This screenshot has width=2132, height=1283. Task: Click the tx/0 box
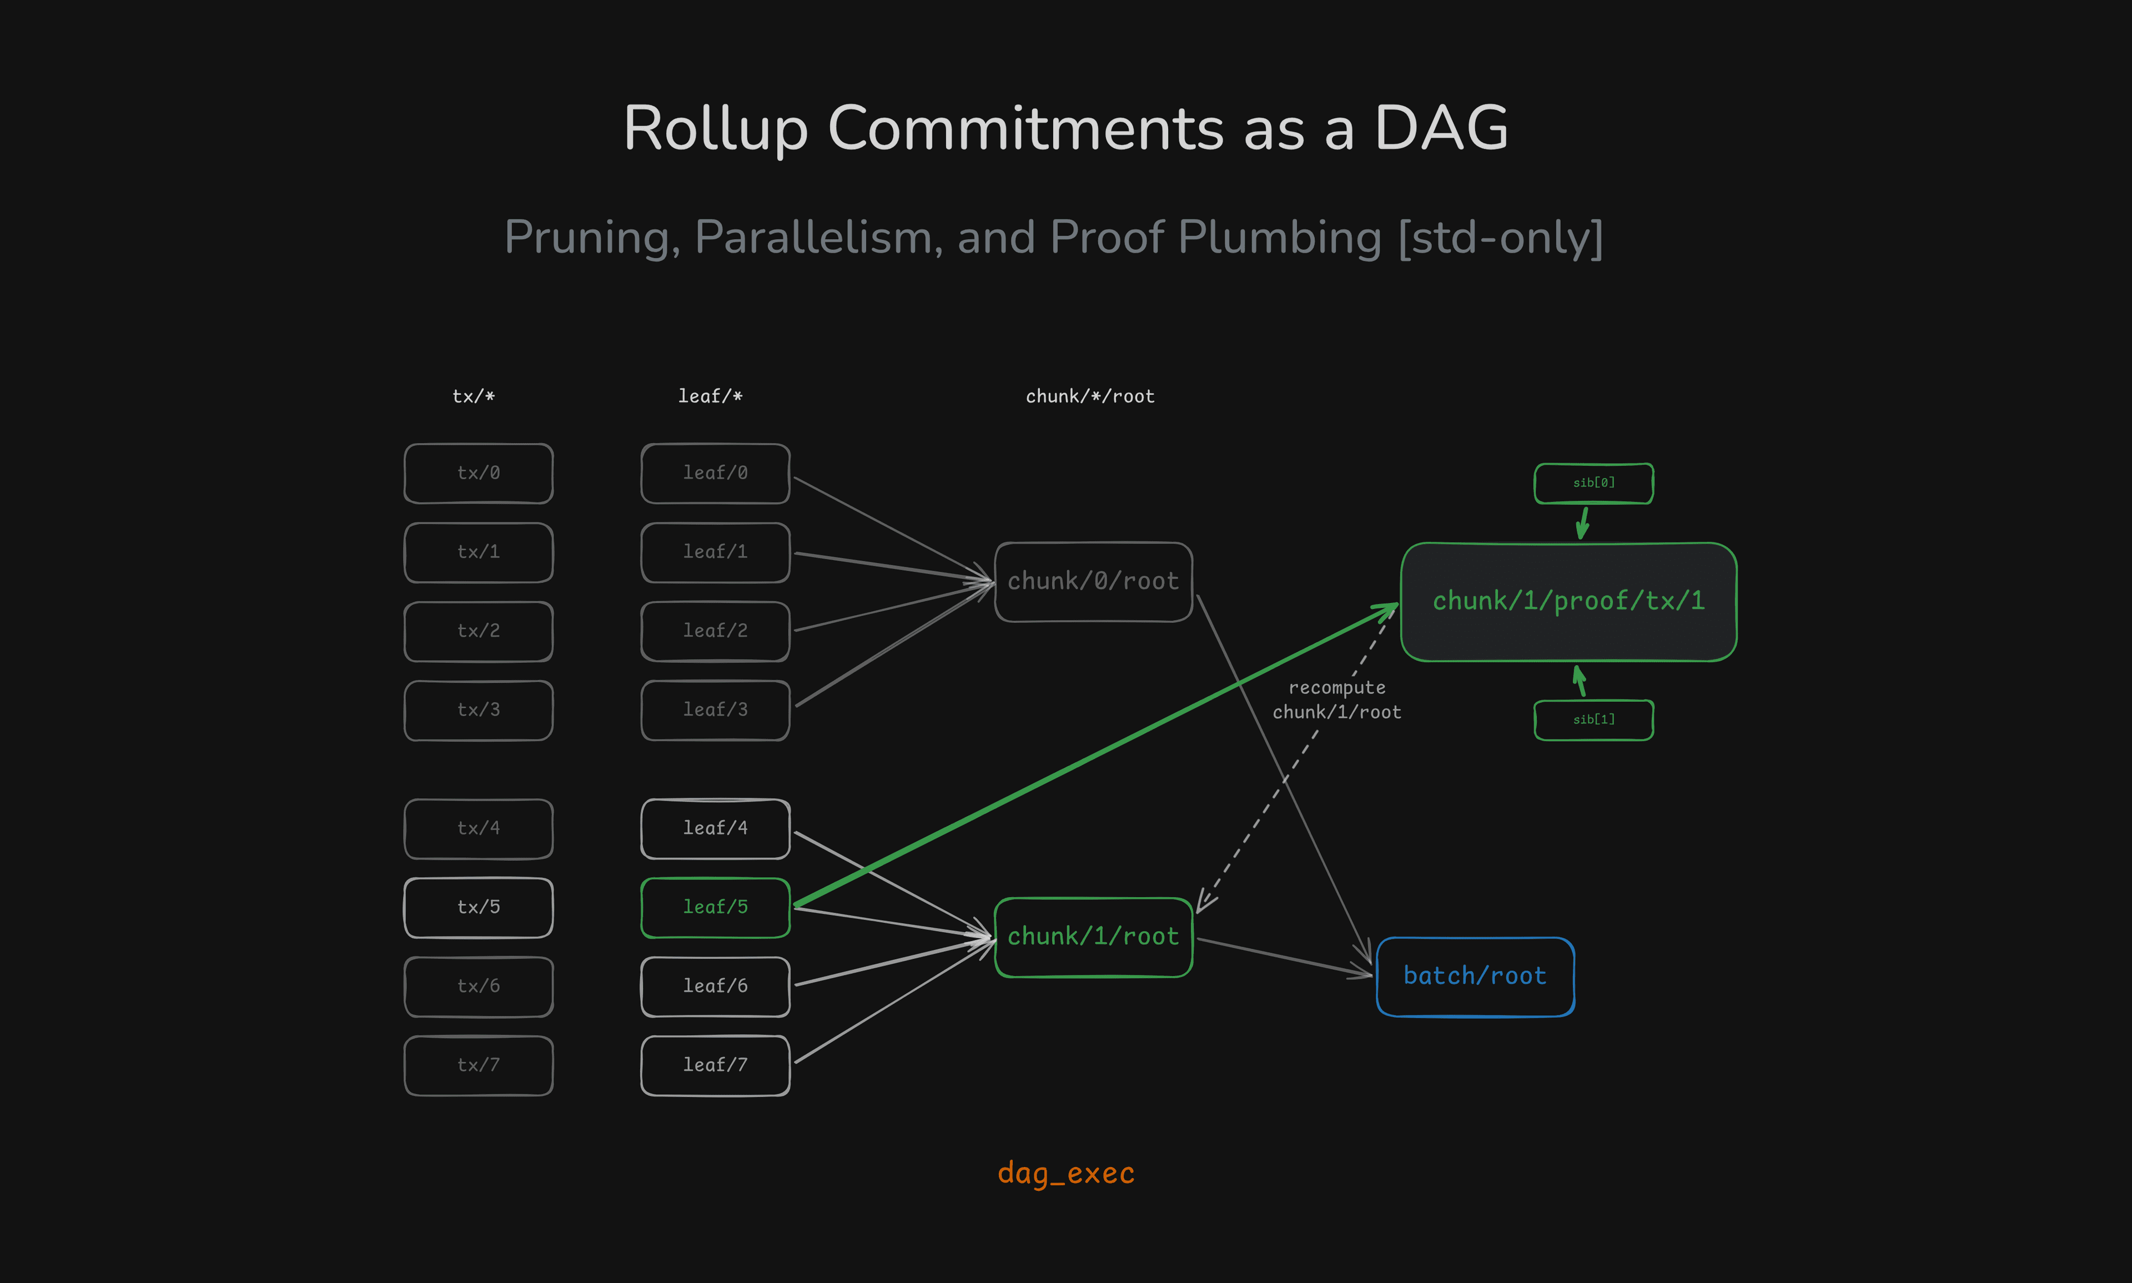(x=478, y=473)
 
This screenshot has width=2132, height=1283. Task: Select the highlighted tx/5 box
(x=478, y=907)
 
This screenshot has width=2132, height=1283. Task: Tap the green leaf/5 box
(x=715, y=907)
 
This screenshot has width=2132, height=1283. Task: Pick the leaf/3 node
(x=715, y=710)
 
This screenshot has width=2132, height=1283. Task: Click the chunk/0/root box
(x=1093, y=581)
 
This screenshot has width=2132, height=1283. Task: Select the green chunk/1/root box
(x=1093, y=937)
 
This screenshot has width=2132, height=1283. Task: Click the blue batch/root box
(x=1474, y=976)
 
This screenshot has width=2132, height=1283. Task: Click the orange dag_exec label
(x=1065, y=1173)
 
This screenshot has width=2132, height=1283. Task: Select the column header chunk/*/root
(x=1089, y=396)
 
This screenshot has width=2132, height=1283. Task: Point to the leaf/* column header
(x=710, y=396)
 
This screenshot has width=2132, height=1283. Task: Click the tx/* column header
(x=473, y=396)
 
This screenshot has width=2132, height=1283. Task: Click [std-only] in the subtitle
(x=1500, y=237)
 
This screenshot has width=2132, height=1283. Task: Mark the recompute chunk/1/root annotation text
(x=1336, y=700)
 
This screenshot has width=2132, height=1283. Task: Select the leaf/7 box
(x=715, y=1065)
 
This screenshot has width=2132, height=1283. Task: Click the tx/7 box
(x=478, y=1065)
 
